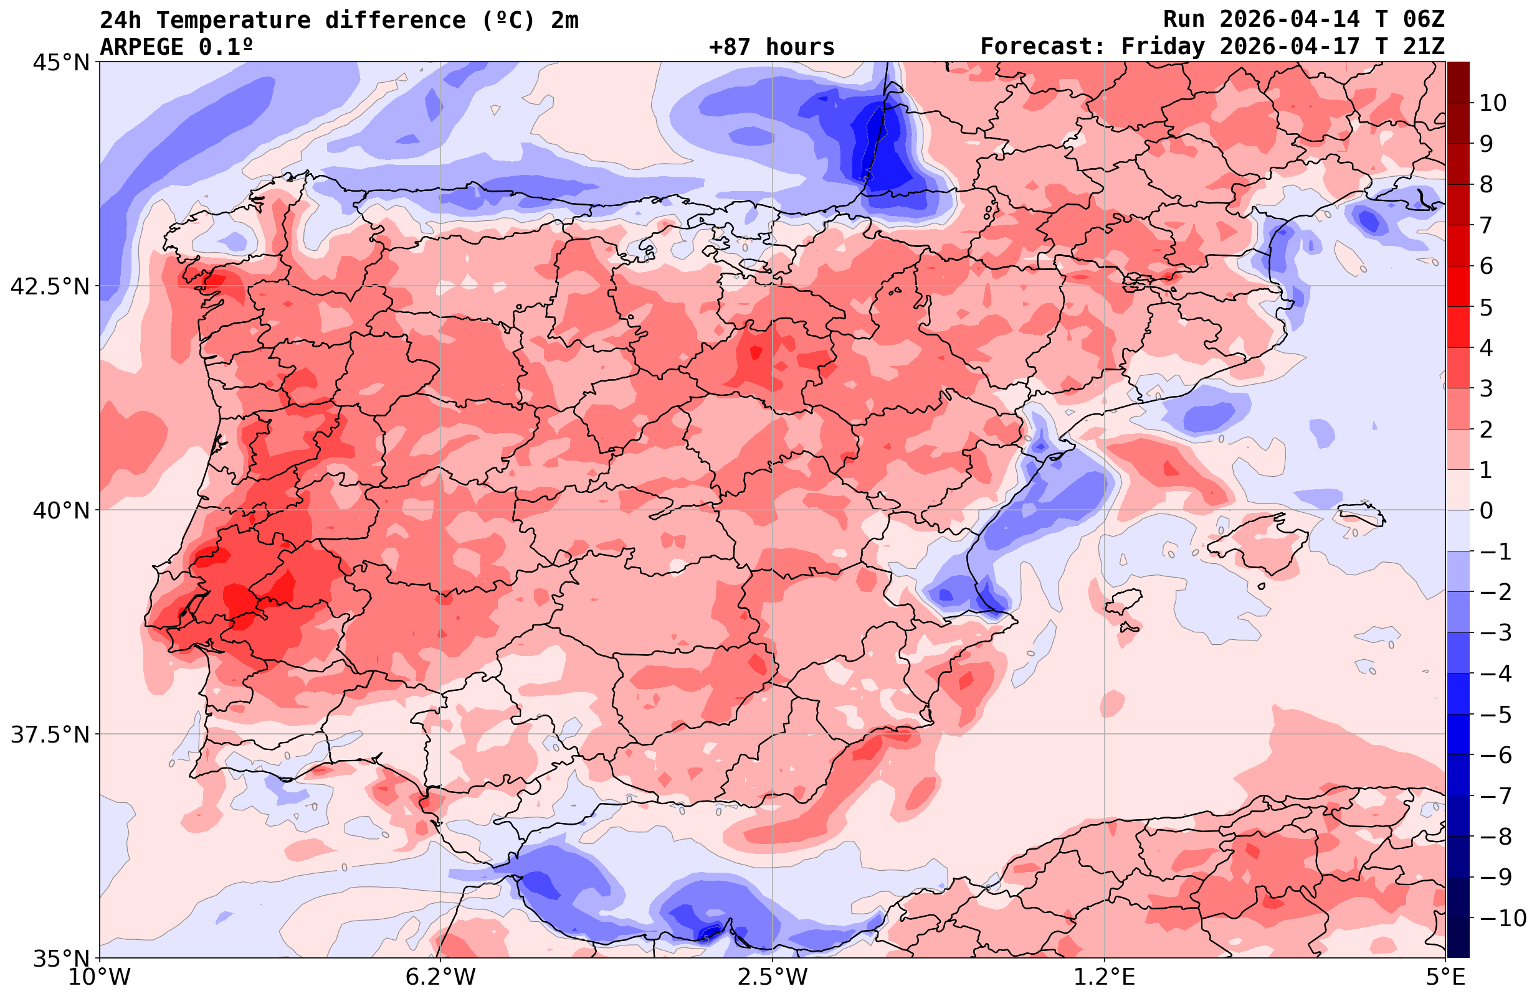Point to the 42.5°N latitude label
pos(50,286)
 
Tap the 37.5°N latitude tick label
pos(50,734)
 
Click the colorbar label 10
pos(1492,103)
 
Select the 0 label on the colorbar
pos(1486,510)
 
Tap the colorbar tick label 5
pos(1486,307)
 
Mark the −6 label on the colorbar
pos(1495,755)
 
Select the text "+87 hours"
pos(771,47)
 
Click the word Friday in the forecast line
pos(1163,47)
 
